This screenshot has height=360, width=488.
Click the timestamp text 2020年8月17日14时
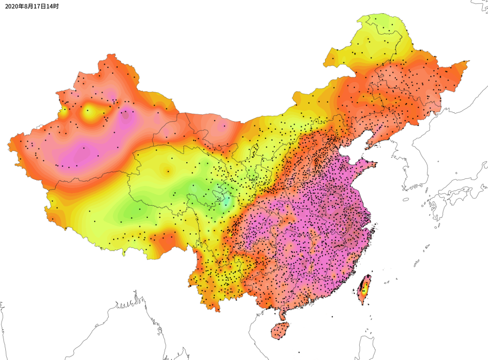tap(32, 7)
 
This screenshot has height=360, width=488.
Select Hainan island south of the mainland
tap(280, 331)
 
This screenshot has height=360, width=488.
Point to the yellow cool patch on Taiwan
tap(363, 289)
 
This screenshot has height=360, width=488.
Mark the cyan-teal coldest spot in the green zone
tap(224, 201)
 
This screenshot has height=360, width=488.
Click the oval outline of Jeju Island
tap(406, 199)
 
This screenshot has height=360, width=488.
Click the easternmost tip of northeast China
tap(468, 62)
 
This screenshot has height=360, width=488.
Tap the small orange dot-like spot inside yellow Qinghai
tap(168, 170)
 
